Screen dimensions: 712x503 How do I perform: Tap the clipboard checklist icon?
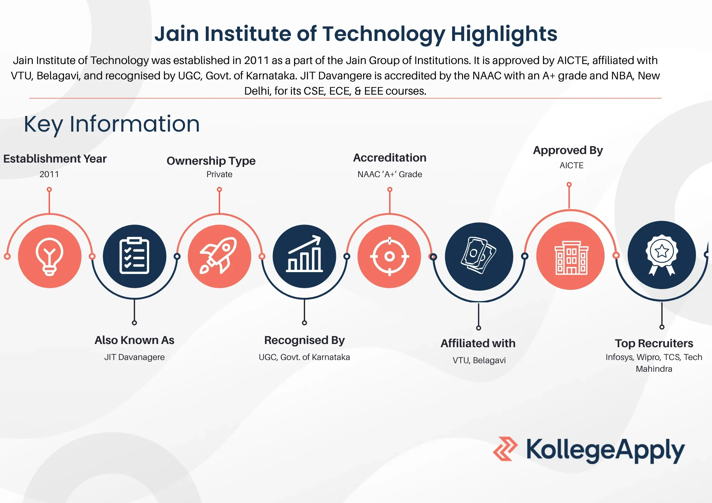click(134, 255)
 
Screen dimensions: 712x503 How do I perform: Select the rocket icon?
click(219, 255)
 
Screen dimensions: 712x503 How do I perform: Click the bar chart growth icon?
click(304, 254)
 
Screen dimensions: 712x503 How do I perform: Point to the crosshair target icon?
click(389, 256)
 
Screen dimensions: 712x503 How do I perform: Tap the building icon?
click(571, 258)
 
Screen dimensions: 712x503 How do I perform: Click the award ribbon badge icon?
click(662, 255)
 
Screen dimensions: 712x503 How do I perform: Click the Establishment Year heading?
click(55, 159)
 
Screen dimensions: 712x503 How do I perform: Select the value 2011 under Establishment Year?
click(49, 174)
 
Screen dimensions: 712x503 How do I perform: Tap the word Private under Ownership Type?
click(219, 174)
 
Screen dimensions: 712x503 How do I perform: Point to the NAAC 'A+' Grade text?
click(390, 174)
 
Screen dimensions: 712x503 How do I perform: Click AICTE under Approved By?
click(571, 165)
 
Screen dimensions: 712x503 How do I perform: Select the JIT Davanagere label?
click(135, 357)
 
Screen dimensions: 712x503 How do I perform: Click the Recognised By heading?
click(304, 340)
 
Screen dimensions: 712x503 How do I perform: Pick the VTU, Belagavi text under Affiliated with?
click(479, 360)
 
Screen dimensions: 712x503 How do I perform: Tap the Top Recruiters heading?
click(654, 343)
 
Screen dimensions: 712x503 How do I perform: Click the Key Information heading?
click(112, 124)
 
